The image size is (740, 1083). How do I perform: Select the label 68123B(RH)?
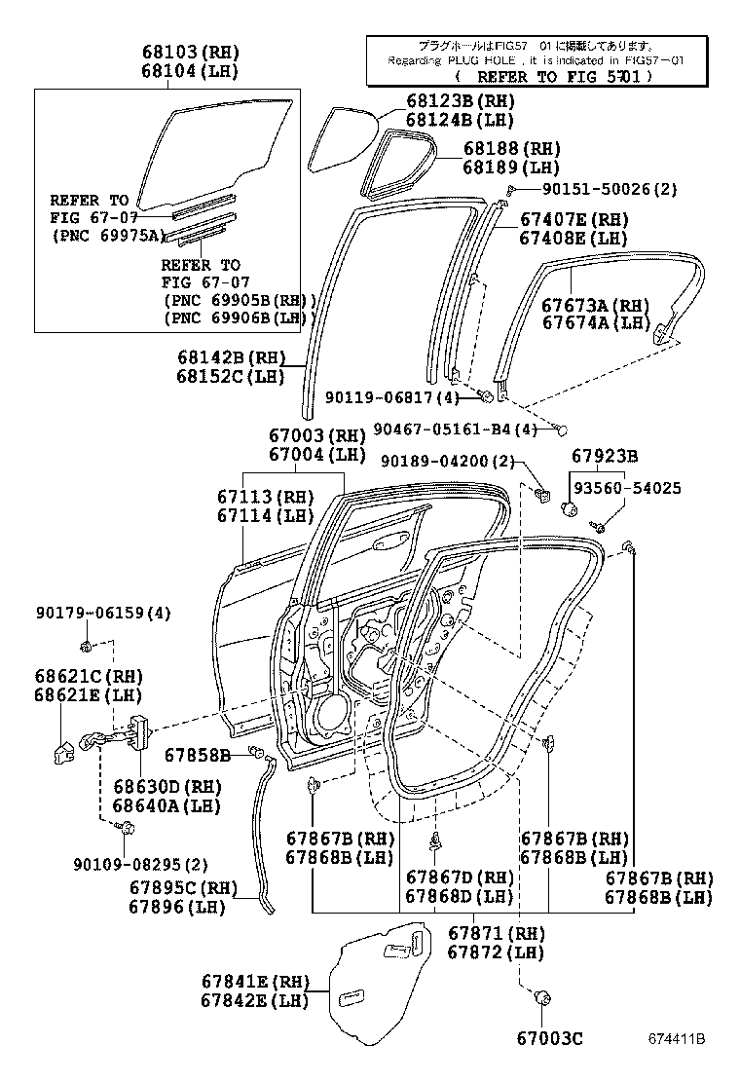point(460,101)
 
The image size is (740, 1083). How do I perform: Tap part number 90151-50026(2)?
point(596,189)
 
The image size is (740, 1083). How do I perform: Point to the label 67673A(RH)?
point(594,305)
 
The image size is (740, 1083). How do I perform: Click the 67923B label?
point(605,455)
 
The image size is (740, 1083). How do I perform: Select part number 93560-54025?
point(626,488)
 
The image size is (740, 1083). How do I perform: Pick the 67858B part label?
point(198,755)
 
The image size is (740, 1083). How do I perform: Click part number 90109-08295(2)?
point(140,864)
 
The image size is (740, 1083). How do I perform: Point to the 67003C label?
point(549,1039)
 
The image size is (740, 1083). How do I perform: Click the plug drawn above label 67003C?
point(542,997)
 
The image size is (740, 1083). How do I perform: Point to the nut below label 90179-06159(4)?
point(86,647)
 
